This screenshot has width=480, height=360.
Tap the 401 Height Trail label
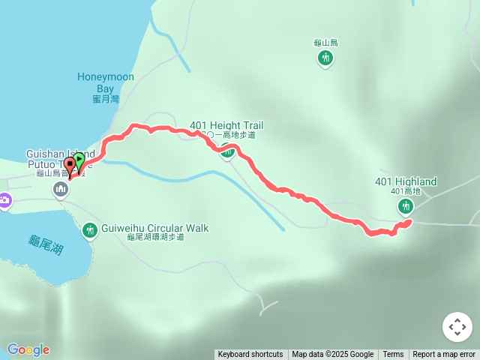tap(226, 125)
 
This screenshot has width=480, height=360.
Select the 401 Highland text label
tap(406, 181)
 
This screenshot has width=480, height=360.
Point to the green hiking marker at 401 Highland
tap(406, 205)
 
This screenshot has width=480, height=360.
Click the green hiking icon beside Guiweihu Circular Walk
tap(90, 230)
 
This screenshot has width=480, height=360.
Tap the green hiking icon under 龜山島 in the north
tap(325, 58)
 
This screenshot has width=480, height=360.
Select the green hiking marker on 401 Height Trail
tap(227, 151)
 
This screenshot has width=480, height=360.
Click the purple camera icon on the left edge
tap(4, 199)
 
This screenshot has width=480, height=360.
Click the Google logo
tap(28, 349)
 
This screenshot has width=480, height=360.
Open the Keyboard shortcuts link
tap(250, 355)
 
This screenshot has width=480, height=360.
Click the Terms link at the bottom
tap(393, 355)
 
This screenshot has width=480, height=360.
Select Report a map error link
tap(444, 355)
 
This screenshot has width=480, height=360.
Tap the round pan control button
tap(457, 327)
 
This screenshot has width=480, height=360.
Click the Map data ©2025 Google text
tap(333, 355)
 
